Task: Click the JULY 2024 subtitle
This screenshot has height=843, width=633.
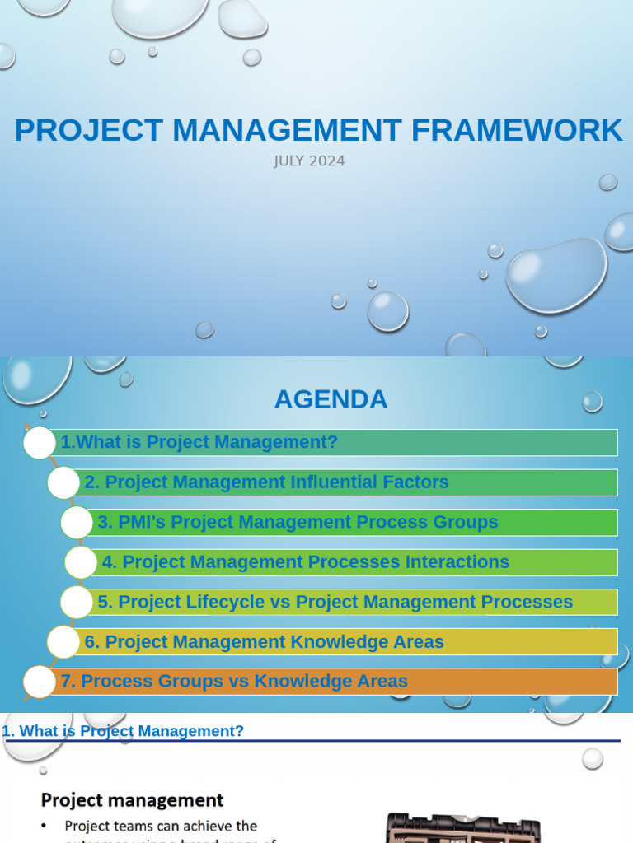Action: pyautogui.click(x=309, y=161)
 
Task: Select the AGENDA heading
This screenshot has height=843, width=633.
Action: pyautogui.click(x=331, y=399)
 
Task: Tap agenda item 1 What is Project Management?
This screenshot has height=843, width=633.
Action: pyautogui.click(x=199, y=442)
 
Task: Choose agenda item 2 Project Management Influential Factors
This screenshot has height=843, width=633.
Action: pyautogui.click(x=266, y=482)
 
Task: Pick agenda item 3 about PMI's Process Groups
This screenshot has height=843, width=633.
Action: pyautogui.click(x=298, y=522)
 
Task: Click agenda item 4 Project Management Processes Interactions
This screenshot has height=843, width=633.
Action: pyautogui.click(x=305, y=562)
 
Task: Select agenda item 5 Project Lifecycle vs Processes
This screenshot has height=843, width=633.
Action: pyautogui.click(x=335, y=602)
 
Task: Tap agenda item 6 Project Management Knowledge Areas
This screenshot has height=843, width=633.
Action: pyautogui.click(x=264, y=642)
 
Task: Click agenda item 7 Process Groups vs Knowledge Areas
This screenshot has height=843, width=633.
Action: pyautogui.click(x=234, y=682)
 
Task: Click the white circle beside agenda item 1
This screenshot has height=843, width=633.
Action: pyautogui.click(x=39, y=443)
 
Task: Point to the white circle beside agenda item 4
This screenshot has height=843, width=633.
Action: pyautogui.click(x=81, y=562)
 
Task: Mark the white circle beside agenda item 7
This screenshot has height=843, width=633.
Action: pyautogui.click(x=39, y=682)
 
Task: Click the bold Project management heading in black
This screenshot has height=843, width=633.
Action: pyautogui.click(x=132, y=800)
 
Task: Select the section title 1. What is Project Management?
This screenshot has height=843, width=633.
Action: pyautogui.click(x=124, y=731)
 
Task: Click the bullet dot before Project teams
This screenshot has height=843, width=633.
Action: pyautogui.click(x=45, y=826)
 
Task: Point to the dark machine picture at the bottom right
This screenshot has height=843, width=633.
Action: pyautogui.click(x=464, y=827)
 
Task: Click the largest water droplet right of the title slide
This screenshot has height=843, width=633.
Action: pyautogui.click(x=556, y=276)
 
